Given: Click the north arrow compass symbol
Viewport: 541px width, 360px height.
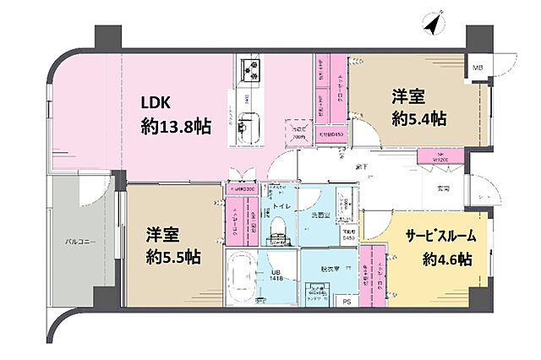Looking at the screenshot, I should pyautogui.click(x=434, y=26).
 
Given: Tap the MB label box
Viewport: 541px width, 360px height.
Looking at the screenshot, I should pyautogui.click(x=478, y=68).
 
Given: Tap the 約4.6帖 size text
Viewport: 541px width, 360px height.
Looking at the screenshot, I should pyautogui.click(x=447, y=259).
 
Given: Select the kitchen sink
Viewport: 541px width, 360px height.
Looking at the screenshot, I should pyautogui.click(x=246, y=128).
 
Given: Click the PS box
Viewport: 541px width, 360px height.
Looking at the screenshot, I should pyautogui.click(x=346, y=301).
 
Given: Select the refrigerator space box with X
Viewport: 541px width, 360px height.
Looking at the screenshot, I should pyautogui.click(x=298, y=131).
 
